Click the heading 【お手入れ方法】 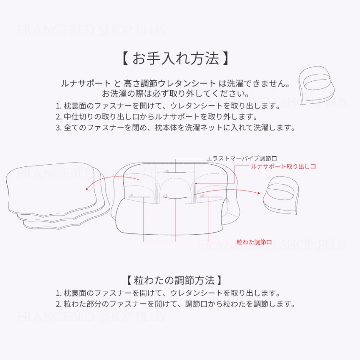(175, 58)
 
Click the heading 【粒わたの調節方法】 (174, 280)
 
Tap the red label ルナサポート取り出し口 (283, 166)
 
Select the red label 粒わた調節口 (254, 242)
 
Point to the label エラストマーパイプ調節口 (241, 158)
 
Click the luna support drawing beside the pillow (281, 195)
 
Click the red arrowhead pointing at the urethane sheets (87, 189)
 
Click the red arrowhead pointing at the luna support (259, 193)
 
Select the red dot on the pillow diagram (196, 183)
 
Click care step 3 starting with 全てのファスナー (175, 127)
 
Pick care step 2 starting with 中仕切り (157, 117)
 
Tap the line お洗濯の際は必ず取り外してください (176, 94)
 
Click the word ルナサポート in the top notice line (86, 83)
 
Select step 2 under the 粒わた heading (175, 304)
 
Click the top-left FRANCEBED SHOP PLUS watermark (91, 30)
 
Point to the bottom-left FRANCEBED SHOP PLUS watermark (91, 316)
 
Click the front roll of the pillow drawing (169, 217)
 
